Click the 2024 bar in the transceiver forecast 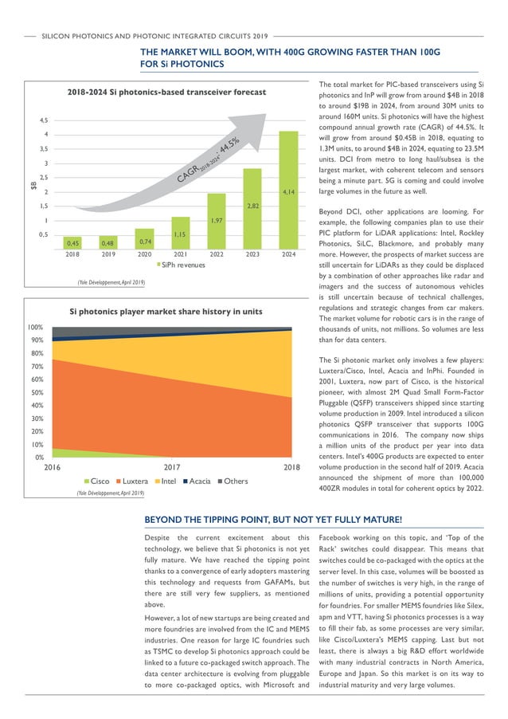tap(288, 190)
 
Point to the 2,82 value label tap(252, 205)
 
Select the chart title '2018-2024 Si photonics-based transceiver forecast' tap(166, 92)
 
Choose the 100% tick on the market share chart tap(35, 328)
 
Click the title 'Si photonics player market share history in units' tap(166, 312)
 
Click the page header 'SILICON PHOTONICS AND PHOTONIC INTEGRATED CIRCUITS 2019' tap(155, 36)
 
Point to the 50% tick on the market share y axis tap(37, 392)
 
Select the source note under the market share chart tap(111, 494)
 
